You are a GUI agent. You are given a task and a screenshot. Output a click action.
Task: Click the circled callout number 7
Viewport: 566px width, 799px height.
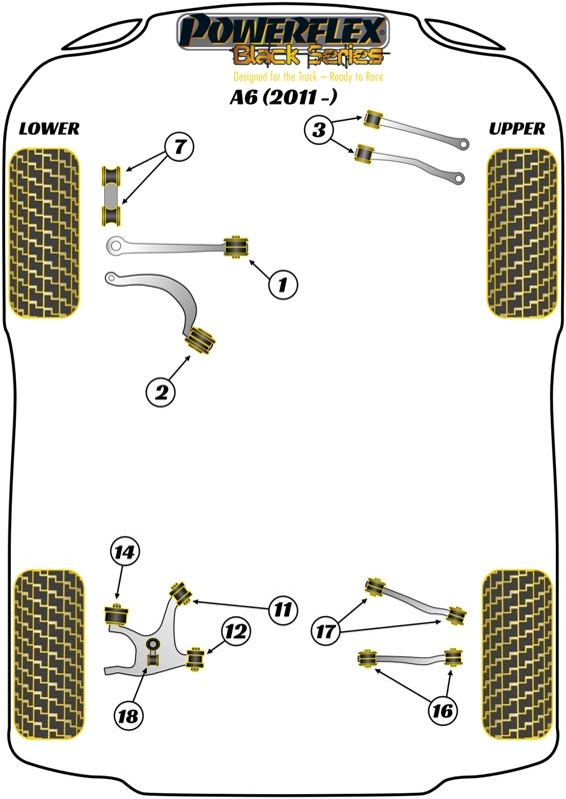(x=179, y=147)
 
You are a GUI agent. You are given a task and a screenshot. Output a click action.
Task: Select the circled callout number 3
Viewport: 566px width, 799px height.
(x=319, y=130)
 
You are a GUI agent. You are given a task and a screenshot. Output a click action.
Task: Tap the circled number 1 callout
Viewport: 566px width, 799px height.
(x=283, y=285)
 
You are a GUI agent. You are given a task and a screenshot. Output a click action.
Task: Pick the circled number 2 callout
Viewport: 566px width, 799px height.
(x=161, y=392)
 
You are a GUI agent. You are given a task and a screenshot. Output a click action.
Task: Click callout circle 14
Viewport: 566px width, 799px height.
(x=124, y=552)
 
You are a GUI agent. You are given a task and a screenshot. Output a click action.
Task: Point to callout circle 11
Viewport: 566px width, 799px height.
(x=282, y=609)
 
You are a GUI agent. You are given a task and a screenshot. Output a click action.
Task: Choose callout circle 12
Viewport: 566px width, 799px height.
(x=236, y=632)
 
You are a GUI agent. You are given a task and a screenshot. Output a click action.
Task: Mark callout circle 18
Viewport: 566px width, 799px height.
(x=128, y=716)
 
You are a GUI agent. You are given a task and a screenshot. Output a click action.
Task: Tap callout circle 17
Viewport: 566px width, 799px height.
(x=326, y=632)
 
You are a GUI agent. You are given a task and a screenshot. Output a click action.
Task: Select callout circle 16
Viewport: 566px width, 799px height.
(x=441, y=710)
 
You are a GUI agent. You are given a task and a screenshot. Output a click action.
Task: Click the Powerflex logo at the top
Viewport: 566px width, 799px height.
(x=283, y=41)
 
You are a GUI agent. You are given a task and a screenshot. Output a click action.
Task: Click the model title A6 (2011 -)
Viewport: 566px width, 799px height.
(x=283, y=97)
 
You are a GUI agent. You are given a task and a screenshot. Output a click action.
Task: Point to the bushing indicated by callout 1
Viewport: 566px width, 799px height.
(x=237, y=247)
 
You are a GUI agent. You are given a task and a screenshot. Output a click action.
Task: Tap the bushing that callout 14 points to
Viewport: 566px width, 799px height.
(x=117, y=615)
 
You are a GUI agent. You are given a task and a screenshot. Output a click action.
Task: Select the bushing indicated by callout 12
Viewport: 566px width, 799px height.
(x=195, y=658)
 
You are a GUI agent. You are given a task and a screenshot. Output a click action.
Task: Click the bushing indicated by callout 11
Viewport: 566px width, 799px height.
(x=181, y=593)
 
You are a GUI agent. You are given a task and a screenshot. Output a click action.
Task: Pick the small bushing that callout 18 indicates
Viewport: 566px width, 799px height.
(x=153, y=659)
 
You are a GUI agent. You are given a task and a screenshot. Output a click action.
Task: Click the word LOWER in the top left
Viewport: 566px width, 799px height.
(x=49, y=129)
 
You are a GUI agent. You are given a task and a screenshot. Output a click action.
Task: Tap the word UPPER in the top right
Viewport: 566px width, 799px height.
(x=516, y=129)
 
